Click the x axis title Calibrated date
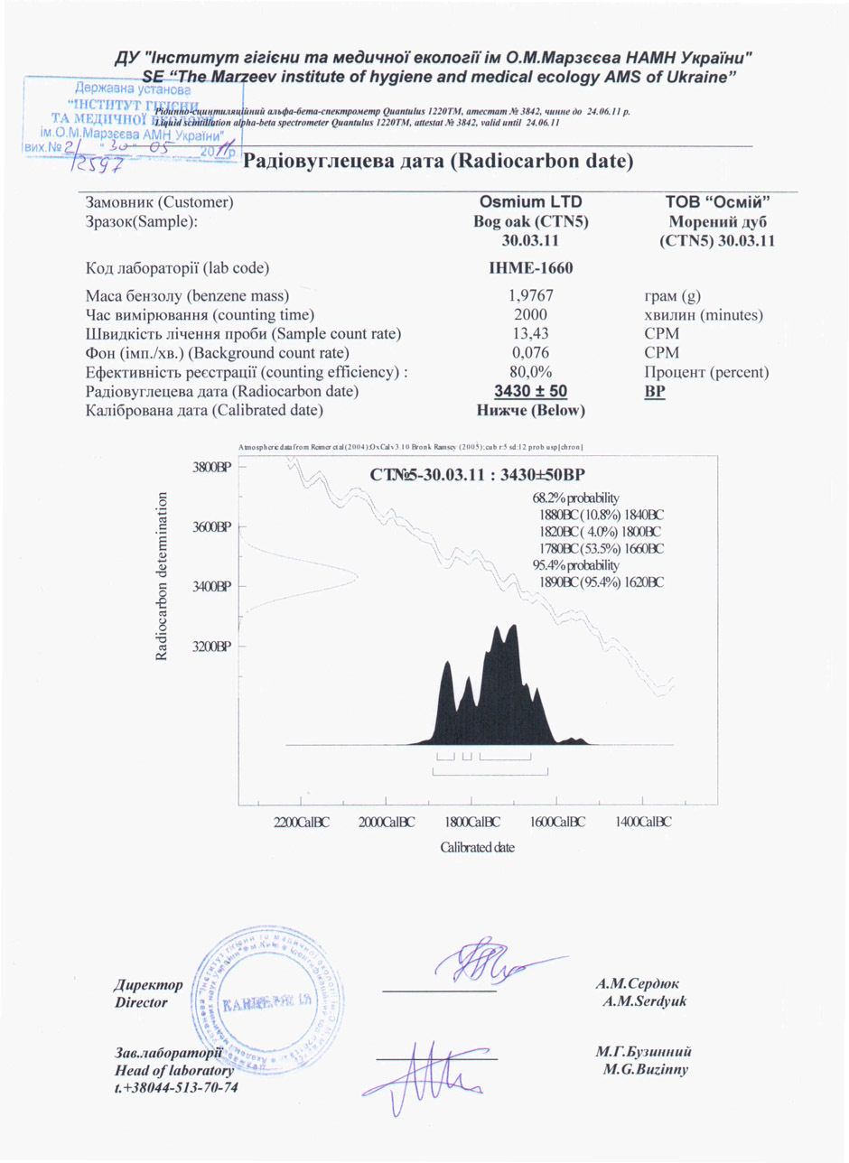click(477, 847)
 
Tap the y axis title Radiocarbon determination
click(163, 576)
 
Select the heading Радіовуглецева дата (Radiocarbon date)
click(437, 162)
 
